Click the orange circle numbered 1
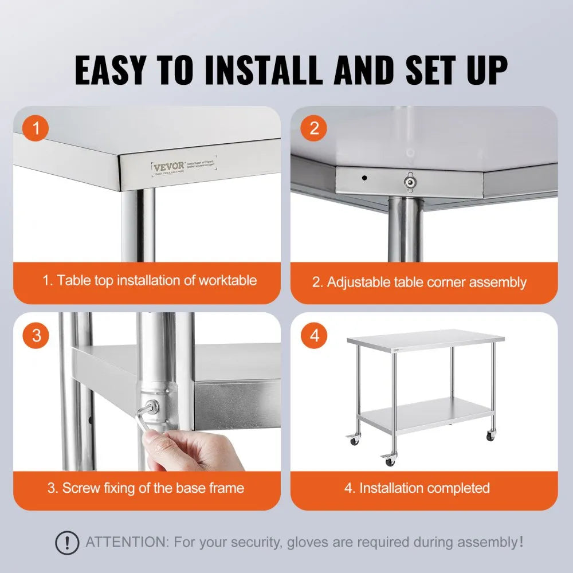(37, 128)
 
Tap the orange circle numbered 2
(314, 128)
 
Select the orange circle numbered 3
(37, 335)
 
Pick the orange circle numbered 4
(314, 335)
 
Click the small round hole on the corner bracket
(364, 178)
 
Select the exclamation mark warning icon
(68, 542)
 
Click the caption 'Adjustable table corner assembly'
(419, 282)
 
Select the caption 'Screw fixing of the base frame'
(146, 488)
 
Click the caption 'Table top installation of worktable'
(149, 281)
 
